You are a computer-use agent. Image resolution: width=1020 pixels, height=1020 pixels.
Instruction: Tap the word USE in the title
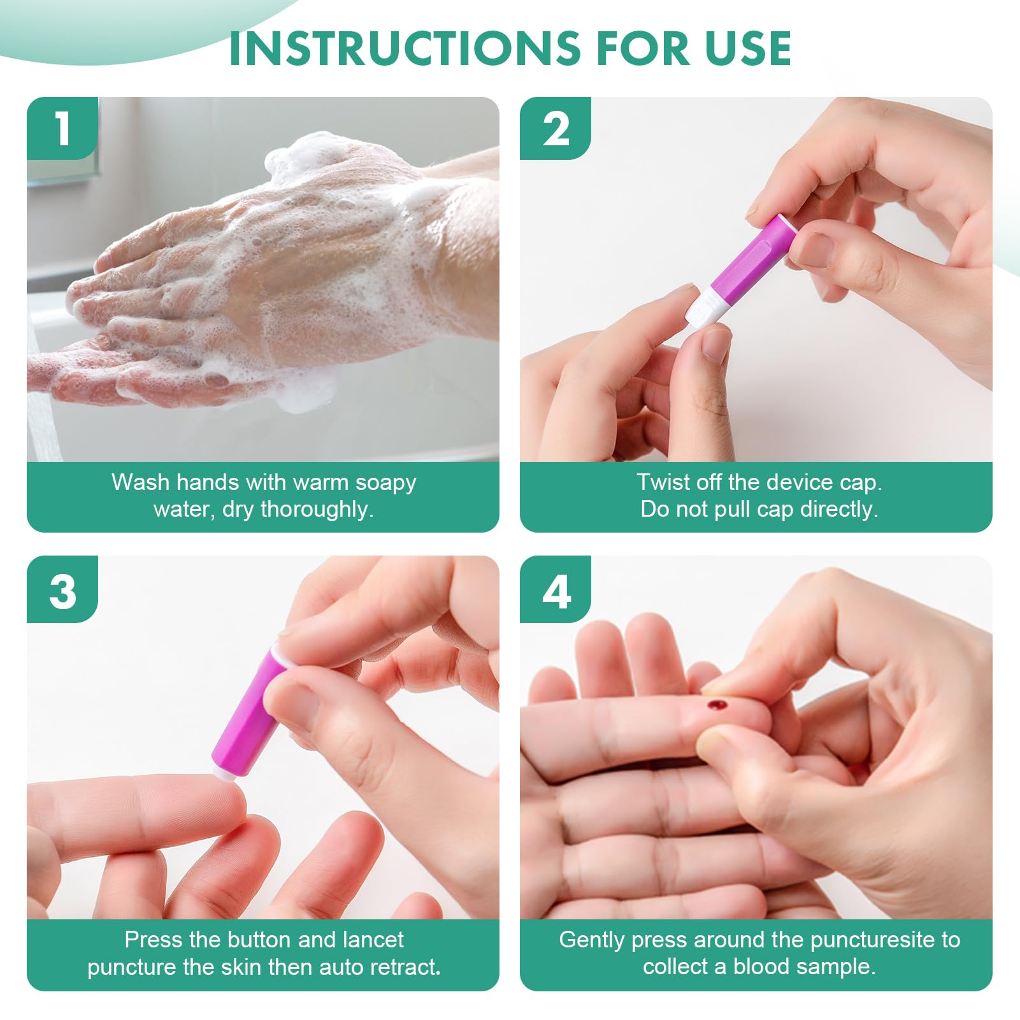click(x=747, y=48)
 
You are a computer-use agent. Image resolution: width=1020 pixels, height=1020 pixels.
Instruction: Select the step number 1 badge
click(x=62, y=128)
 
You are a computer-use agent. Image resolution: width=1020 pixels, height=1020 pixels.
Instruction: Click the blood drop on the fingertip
click(x=718, y=705)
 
